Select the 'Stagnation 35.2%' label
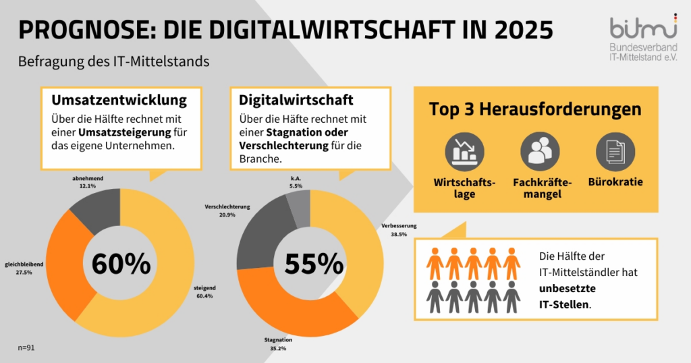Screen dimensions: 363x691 coord(277,345)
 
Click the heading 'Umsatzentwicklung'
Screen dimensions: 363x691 coord(119,101)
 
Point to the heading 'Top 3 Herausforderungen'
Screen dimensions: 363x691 coord(535,110)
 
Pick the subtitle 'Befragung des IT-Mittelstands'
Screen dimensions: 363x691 coord(114,61)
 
